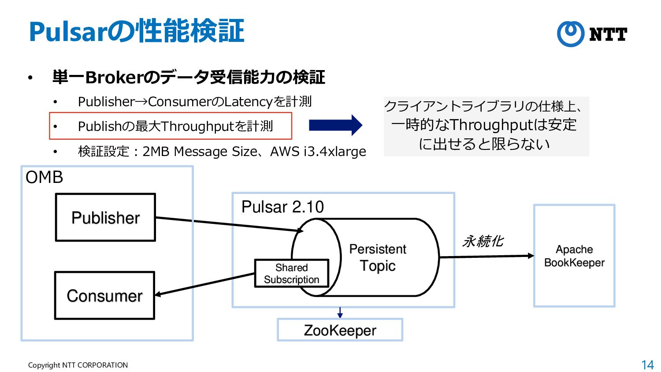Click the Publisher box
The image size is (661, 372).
tap(105, 217)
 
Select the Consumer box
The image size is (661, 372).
tap(104, 295)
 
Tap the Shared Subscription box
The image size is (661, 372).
tap(291, 273)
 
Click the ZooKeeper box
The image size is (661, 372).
tap(340, 330)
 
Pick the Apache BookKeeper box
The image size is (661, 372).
tap(574, 256)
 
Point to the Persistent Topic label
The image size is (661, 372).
tap(378, 257)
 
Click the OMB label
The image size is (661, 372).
tap(45, 177)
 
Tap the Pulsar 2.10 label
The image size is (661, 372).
tap(282, 207)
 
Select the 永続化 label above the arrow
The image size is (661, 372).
tap(483, 241)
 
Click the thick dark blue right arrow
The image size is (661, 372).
tap(335, 125)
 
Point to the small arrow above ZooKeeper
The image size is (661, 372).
tap(340, 312)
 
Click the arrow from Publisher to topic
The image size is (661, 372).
tap(229, 224)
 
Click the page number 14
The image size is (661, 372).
tap(647, 365)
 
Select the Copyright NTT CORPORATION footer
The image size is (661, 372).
tap(78, 365)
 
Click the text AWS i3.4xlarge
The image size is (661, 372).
tap(318, 151)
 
